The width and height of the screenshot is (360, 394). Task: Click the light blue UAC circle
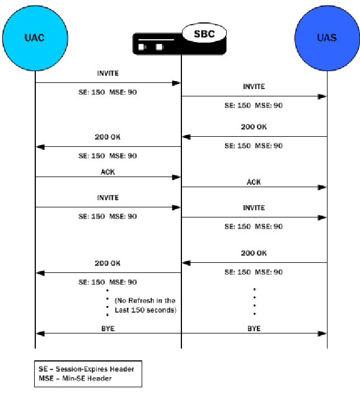[35, 38]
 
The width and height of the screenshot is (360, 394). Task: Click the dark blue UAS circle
[326, 38]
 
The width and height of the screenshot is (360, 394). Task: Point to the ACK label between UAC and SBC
[107, 172]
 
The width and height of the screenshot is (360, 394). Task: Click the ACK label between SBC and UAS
[254, 182]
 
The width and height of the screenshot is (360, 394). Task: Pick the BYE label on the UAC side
[107, 328]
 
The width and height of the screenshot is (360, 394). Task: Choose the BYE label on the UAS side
[254, 328]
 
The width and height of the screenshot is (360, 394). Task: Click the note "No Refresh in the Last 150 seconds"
[145, 305]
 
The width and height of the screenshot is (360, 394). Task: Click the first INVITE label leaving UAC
[107, 73]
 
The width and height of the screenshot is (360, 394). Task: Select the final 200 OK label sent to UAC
[107, 263]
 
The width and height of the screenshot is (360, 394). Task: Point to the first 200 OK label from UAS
[254, 127]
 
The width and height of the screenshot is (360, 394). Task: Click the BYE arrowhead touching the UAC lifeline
[40, 333]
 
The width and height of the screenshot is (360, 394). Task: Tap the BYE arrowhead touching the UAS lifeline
[322, 333]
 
